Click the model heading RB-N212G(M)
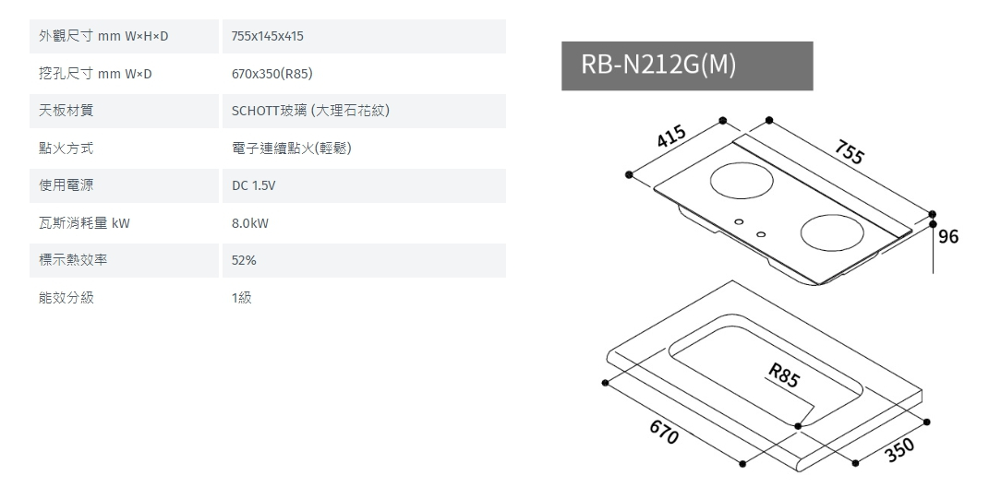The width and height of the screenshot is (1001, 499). tap(658, 65)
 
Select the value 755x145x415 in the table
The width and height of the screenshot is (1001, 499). tap(268, 36)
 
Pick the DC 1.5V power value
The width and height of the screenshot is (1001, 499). tap(254, 185)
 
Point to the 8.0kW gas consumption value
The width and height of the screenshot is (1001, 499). tap(250, 223)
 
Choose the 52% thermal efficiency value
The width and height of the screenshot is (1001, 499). tap(245, 261)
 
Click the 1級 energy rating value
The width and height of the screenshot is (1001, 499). tap(242, 298)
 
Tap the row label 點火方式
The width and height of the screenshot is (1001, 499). tap(66, 148)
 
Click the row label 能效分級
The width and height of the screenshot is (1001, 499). tap(66, 298)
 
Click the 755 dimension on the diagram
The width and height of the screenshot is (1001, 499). tap(848, 152)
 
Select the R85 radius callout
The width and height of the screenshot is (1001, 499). tap(783, 375)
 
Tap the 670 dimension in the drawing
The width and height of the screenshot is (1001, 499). tap(663, 433)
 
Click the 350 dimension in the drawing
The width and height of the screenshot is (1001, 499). tap(898, 448)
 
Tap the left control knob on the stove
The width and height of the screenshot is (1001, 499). tap(738, 222)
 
